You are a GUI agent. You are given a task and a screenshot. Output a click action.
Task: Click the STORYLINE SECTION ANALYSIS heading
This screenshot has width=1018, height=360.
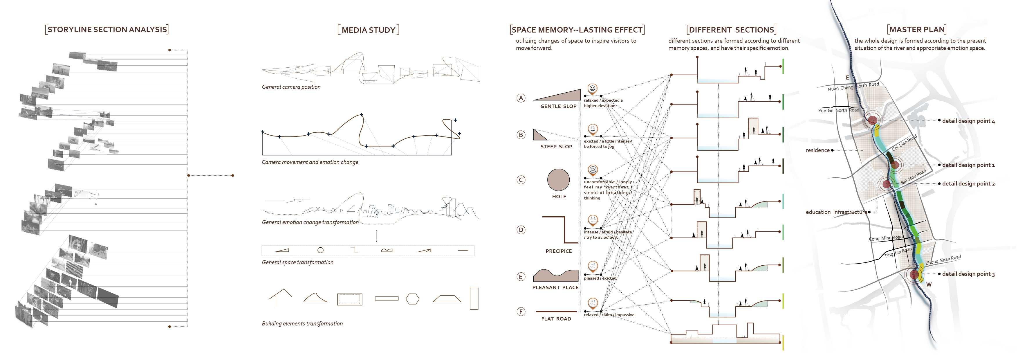107,30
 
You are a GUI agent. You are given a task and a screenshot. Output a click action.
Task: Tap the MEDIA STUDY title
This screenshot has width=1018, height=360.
368,30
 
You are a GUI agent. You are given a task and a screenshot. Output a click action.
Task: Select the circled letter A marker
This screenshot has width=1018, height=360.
521,98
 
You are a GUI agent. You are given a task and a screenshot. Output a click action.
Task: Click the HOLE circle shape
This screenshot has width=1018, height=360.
558,180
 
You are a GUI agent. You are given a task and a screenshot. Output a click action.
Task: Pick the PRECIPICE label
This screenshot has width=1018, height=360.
558,251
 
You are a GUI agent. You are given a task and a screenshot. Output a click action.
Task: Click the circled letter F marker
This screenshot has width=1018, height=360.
521,312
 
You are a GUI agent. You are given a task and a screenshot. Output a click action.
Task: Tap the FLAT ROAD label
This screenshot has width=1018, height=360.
556,319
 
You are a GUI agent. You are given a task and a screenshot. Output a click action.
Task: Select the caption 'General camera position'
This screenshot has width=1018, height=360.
291,87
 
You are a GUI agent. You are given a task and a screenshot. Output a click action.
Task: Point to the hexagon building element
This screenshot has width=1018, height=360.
413,299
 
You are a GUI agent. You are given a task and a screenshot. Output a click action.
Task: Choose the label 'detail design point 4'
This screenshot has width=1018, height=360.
968,121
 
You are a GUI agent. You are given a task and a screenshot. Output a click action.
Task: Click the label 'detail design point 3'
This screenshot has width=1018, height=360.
968,274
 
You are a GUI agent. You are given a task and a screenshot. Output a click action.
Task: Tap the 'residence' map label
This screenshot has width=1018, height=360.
818,150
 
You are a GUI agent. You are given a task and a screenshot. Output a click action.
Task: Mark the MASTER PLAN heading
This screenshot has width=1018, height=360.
917,30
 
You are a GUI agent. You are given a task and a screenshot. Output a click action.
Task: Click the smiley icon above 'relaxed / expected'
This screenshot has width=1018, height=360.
592,88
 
